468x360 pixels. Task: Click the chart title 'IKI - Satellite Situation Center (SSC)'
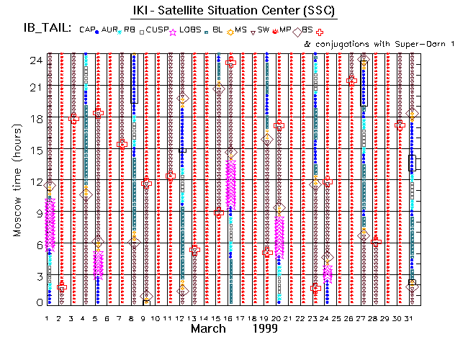click(x=233, y=11)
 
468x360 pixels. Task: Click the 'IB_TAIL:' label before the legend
click(x=44, y=29)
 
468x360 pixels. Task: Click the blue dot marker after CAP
click(x=97, y=30)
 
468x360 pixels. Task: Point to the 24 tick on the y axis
click(x=33, y=60)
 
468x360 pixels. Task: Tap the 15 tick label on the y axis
click(x=33, y=150)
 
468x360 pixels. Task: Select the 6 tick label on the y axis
click(x=36, y=244)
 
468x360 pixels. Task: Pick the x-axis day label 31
click(x=411, y=319)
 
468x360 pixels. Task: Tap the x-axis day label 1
click(x=48, y=319)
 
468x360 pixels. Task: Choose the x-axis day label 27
click(x=363, y=319)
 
